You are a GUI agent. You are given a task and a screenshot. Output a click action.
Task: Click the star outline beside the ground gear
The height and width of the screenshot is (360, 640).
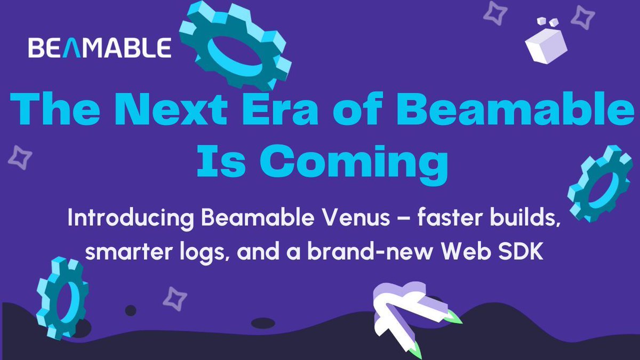pos(174,299)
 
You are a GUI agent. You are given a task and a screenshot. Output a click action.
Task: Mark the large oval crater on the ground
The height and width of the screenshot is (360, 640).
pos(262,323)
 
